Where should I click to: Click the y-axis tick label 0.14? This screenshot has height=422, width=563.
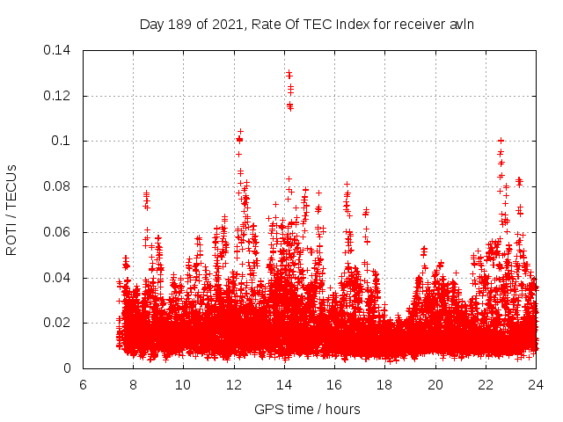(59, 49)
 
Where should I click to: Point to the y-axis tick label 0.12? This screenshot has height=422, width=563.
(59, 95)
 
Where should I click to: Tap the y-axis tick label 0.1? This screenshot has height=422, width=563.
(62, 141)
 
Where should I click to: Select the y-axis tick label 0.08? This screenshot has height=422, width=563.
(59, 186)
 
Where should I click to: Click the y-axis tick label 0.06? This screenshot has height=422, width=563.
(59, 232)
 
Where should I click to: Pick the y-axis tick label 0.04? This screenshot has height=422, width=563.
(59, 278)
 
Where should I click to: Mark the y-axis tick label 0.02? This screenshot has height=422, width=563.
(59, 324)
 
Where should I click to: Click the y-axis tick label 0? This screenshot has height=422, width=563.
(69, 369)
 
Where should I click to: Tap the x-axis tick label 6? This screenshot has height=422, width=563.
(83, 385)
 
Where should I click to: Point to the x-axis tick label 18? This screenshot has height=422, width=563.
(385, 385)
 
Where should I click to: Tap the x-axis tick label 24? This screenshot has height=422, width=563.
(537, 385)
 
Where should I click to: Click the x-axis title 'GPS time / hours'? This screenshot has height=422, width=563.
(307, 409)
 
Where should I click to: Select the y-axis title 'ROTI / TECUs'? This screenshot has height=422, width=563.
(12, 209)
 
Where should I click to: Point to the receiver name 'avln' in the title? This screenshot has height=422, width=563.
(462, 24)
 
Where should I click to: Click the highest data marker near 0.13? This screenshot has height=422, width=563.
(289, 73)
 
